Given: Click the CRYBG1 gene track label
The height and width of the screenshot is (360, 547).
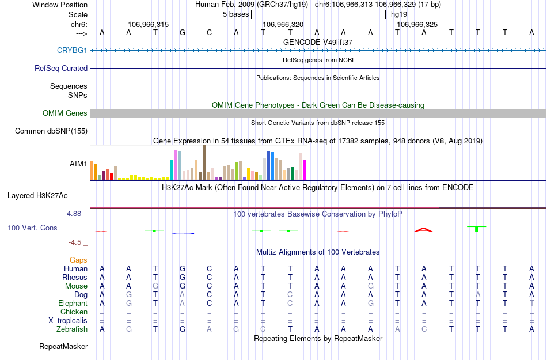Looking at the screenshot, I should pyautogui.click(x=72, y=51).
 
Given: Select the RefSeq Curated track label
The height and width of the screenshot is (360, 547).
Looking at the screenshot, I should pyautogui.click(x=61, y=68).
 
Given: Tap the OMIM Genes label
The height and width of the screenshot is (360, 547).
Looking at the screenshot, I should pyautogui.click(x=65, y=113).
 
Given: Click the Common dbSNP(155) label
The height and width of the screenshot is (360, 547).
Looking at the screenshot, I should pyautogui.click(x=51, y=131).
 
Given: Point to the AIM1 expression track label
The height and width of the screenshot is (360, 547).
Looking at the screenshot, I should pyautogui.click(x=78, y=164).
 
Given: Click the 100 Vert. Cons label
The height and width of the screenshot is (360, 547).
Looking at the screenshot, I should pyautogui.click(x=32, y=228).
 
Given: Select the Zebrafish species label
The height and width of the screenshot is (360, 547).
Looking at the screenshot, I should pyautogui.click(x=73, y=329).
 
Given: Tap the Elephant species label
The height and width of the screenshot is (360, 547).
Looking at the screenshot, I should pyautogui.click(x=73, y=304).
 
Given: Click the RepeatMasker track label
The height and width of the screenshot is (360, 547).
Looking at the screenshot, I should pyautogui.click(x=63, y=347).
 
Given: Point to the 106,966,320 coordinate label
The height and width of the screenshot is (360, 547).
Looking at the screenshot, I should pyautogui.click(x=283, y=24).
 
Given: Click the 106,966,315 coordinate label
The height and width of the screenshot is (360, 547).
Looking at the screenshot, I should pyautogui.click(x=149, y=24).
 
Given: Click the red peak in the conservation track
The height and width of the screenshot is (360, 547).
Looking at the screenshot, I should pyautogui.click(x=423, y=230).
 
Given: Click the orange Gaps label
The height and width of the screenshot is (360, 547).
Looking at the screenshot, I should pyautogui.click(x=78, y=260).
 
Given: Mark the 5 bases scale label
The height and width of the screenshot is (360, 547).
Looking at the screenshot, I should pyautogui.click(x=235, y=14).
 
